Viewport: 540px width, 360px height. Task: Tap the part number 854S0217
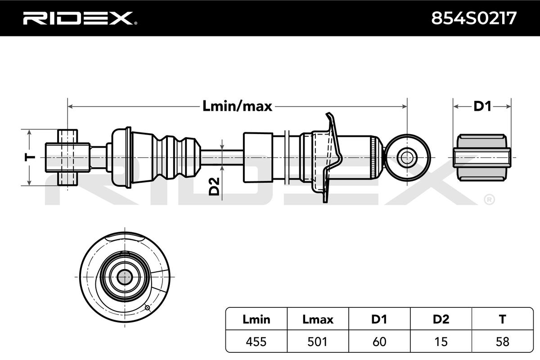474,18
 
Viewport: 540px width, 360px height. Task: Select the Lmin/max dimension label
238,106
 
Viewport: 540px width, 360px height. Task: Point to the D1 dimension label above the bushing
482,106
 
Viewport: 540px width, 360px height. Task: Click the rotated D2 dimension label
215,186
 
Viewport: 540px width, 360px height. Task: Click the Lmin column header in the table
256,319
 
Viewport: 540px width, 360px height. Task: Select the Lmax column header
318,319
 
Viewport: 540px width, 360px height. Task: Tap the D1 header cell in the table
379,319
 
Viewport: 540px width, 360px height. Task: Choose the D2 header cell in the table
441,319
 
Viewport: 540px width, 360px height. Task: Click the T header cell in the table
502,319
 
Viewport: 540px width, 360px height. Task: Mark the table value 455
256,342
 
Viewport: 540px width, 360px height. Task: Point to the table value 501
318,342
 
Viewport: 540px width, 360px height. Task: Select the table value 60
379,342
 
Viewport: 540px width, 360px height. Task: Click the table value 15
441,342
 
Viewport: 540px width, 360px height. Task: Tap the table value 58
502,342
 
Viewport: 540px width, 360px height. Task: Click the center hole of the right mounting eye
407,157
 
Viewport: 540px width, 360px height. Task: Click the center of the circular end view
124,277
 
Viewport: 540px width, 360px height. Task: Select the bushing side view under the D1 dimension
482,157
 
